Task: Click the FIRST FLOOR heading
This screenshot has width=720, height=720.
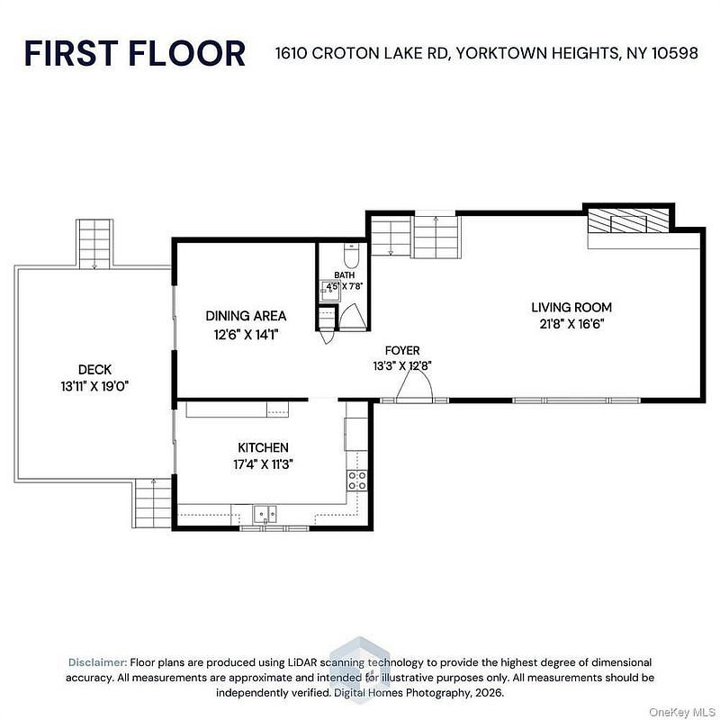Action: tap(134, 53)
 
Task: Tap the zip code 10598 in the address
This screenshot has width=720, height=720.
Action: tap(675, 53)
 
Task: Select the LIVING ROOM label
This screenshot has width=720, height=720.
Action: tap(571, 307)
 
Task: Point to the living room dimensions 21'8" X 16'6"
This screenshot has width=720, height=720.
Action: tap(571, 324)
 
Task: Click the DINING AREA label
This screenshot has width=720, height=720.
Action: tap(246, 316)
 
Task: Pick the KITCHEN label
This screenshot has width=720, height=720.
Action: tap(263, 447)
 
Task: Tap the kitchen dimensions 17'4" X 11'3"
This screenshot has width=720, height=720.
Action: tap(263, 464)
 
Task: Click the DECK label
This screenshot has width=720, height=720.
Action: tap(94, 370)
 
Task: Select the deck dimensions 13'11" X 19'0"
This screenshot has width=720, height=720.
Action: tap(94, 387)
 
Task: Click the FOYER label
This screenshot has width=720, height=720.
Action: tap(402, 351)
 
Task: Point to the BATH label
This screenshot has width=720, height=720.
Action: tap(345, 275)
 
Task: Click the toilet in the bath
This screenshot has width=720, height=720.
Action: tap(351, 256)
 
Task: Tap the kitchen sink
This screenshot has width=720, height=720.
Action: tap(265, 514)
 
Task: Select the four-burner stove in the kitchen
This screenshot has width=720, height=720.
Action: tap(356, 481)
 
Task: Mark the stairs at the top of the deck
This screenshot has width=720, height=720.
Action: tap(94, 244)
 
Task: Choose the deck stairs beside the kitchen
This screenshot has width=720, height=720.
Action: tap(153, 503)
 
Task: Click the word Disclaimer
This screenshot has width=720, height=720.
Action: tap(97, 662)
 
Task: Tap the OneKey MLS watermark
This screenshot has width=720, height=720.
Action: tap(682, 712)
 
